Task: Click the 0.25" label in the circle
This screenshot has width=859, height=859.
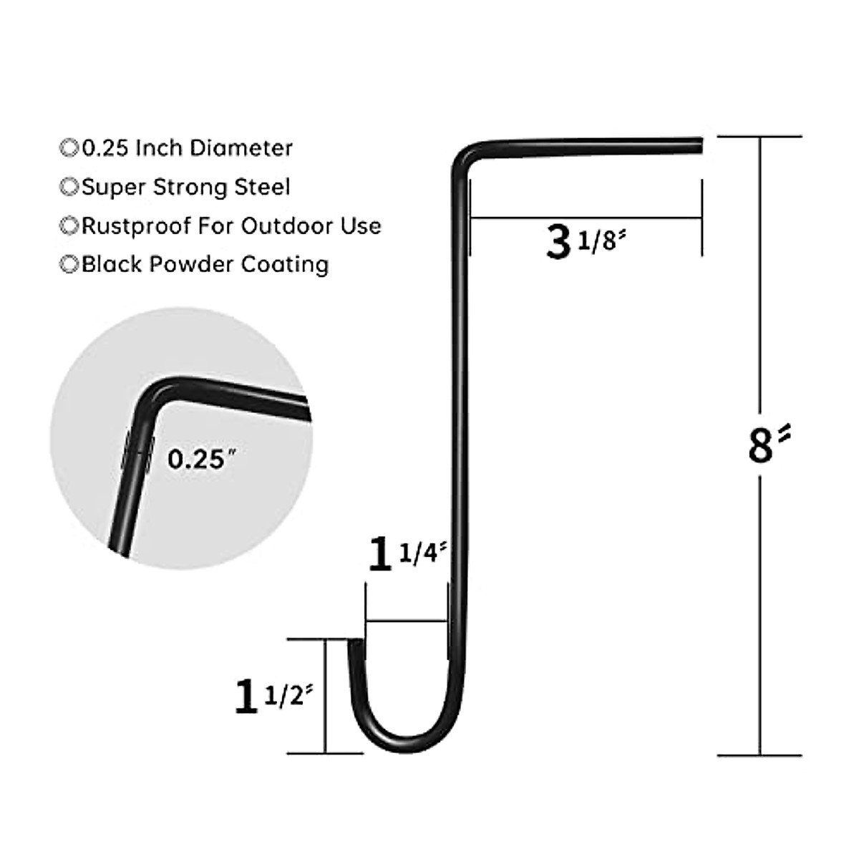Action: click(196, 458)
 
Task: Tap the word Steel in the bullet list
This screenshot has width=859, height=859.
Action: click(261, 187)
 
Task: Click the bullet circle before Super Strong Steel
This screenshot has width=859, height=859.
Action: click(69, 187)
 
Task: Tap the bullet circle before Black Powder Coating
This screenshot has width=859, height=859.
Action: click(69, 264)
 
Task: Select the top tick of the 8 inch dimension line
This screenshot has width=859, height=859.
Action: click(759, 136)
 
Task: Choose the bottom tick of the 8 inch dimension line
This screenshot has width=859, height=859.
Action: click(759, 754)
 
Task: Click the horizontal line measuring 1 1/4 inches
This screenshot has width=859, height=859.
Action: click(406, 621)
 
